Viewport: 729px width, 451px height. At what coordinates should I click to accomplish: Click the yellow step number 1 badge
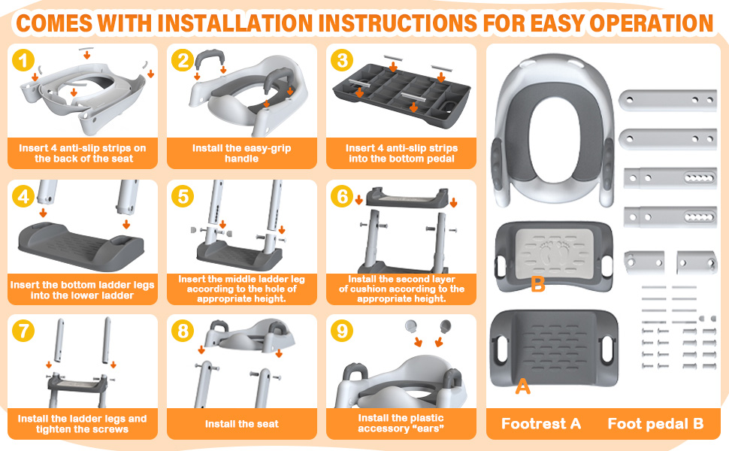click(23, 60)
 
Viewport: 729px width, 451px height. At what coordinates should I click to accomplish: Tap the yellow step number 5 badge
click(183, 196)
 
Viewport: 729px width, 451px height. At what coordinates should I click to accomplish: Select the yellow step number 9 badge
click(342, 331)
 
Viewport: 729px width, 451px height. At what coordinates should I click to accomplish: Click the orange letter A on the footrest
click(522, 386)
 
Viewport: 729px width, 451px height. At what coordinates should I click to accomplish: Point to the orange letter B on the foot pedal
click(538, 283)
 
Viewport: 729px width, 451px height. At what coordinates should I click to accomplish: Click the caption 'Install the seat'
click(242, 424)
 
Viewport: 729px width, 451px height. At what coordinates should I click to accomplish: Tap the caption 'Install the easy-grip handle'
click(242, 153)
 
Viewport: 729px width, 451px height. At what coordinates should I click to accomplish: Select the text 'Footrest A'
click(541, 424)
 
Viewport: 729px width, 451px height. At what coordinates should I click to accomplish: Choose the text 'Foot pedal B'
click(655, 424)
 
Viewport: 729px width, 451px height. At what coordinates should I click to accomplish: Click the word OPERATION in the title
click(652, 23)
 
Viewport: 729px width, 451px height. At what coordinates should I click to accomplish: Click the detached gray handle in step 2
click(209, 60)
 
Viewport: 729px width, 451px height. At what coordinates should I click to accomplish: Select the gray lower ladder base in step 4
click(81, 246)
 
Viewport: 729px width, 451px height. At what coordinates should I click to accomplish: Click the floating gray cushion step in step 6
click(407, 197)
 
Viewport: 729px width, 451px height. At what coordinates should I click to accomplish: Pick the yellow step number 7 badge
click(23, 331)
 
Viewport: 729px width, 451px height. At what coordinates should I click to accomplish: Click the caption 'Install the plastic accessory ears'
click(401, 423)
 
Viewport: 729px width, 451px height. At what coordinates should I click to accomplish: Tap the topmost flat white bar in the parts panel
click(668, 100)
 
